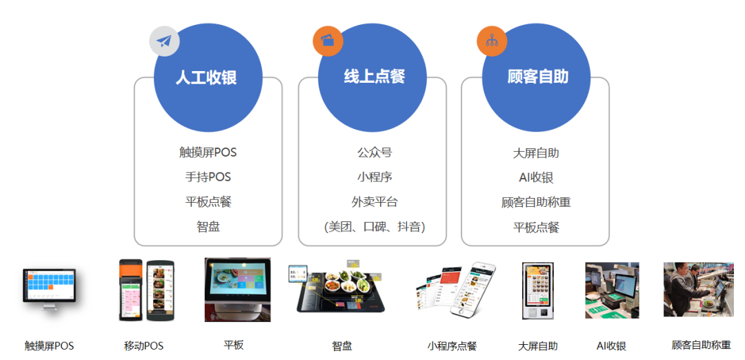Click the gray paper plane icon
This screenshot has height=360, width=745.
click(x=164, y=41)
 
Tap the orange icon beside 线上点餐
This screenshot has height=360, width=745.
click(x=328, y=41)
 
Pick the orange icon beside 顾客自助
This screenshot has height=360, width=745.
click(x=492, y=41)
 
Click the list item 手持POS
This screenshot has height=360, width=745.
click(x=208, y=177)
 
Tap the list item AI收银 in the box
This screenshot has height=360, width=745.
click(x=536, y=177)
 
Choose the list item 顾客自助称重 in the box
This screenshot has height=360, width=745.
click(x=536, y=202)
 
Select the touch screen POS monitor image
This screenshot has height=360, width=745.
click(x=48, y=288)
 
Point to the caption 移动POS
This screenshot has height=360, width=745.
click(x=143, y=346)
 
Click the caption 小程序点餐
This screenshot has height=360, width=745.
click(x=452, y=346)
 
